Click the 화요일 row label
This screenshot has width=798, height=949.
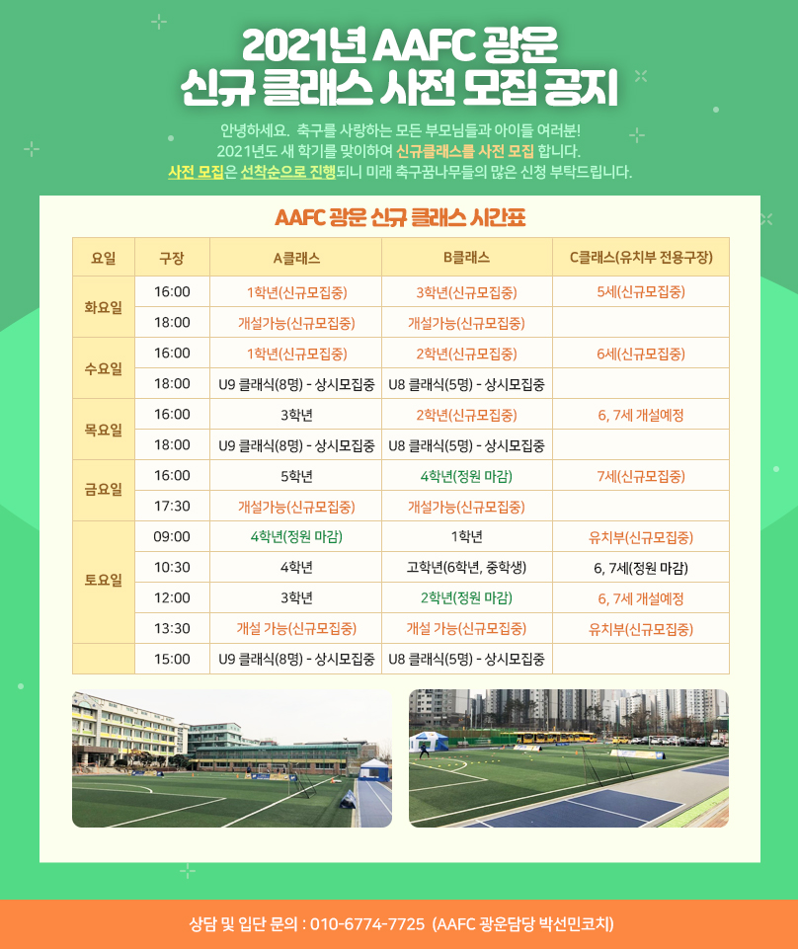coord(103,307)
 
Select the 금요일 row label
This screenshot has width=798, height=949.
coord(103,489)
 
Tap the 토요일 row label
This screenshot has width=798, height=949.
coord(103,580)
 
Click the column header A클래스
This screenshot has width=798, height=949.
coord(296,259)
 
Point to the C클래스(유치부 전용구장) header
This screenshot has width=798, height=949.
coord(641,258)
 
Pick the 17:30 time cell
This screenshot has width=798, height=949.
coord(172,506)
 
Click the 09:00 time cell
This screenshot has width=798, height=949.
coord(172,537)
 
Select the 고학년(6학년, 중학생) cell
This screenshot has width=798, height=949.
coord(466,568)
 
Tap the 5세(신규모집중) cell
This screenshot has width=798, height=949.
coord(641,292)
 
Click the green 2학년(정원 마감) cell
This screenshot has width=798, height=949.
coord(466,598)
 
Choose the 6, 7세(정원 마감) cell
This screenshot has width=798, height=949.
coord(641,568)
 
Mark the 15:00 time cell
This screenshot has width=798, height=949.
coord(172,659)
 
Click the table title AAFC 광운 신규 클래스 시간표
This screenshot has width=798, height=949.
coord(400,217)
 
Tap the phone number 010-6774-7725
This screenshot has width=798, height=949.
coord(367,924)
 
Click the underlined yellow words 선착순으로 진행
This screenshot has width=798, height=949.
coord(288,172)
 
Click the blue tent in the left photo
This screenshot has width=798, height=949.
coord(374,768)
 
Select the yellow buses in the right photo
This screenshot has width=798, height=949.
coord(555,736)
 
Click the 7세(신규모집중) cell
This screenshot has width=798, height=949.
coord(641,476)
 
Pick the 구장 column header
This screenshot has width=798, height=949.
coord(172,259)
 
